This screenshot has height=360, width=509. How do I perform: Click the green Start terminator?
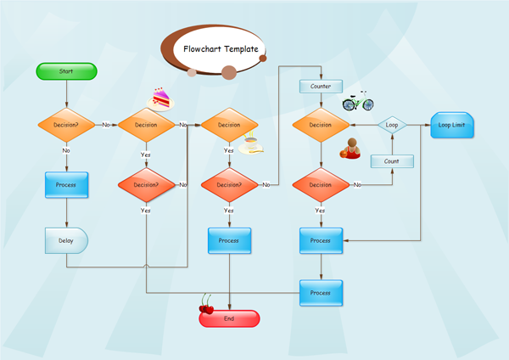[67, 72]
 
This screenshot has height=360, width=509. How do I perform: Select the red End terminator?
[229, 318]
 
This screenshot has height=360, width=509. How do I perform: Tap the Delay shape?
[66, 240]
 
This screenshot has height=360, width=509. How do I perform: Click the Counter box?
[321, 87]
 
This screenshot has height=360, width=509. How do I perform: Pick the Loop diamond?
[392, 125]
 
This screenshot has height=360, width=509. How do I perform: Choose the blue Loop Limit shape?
[452, 125]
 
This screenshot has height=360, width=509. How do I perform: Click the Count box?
[392, 161]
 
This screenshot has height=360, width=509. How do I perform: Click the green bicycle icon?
[357, 101]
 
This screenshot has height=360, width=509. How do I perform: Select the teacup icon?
[250, 144]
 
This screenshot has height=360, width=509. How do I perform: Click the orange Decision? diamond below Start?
[67, 125]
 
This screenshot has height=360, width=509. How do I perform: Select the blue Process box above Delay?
[67, 184]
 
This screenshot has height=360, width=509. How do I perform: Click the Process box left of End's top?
[229, 240]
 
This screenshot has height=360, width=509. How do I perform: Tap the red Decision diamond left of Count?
[321, 184]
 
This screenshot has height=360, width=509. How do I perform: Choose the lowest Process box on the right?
[321, 292]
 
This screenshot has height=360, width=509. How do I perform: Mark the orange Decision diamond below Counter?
[321, 125]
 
